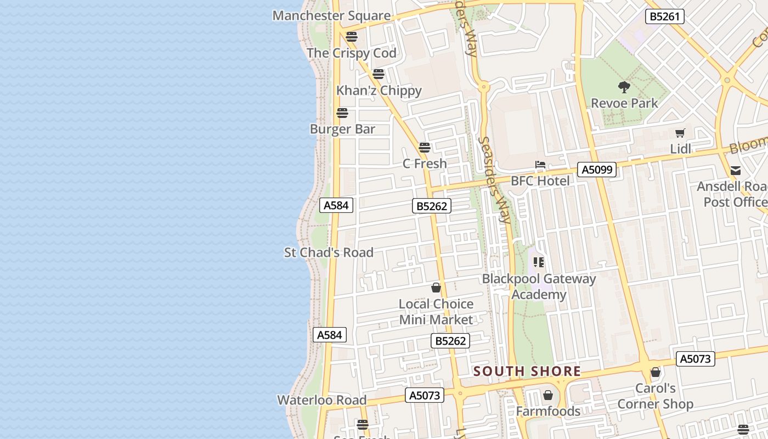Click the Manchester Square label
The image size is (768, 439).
[331, 15]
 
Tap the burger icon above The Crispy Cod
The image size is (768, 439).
[352, 37]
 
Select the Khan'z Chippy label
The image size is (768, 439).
[379, 91]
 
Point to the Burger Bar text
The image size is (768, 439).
[342, 129]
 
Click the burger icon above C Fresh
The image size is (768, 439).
[425, 147]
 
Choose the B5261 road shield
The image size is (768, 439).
[664, 16]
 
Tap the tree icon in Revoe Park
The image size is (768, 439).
[624, 87]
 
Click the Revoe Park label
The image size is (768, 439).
[624, 103]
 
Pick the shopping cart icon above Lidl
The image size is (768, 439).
[680, 133]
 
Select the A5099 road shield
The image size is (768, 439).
[597, 170]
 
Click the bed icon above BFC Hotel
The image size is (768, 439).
[540, 165]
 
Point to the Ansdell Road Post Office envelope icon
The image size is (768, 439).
[736, 171]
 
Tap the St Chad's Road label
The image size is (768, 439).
[329, 252]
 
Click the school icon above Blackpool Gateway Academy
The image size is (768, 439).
[539, 262]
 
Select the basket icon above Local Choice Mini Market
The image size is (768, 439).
[436, 288]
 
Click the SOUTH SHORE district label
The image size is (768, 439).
[527, 372]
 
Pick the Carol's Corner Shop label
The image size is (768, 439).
[655, 396]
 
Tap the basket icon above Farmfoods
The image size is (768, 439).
[547, 395]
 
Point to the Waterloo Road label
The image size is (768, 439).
[321, 400]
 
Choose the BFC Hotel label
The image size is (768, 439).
[540, 181]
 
